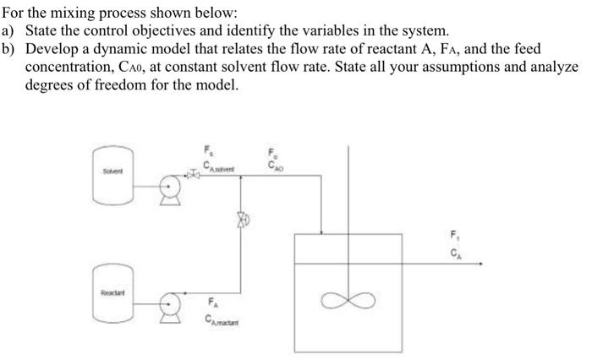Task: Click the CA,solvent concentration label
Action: (x=221, y=166)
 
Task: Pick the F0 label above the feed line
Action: (x=272, y=152)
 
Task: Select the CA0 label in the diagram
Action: (x=274, y=166)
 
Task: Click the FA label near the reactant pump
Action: (x=211, y=302)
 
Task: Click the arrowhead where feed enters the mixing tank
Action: (x=321, y=232)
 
